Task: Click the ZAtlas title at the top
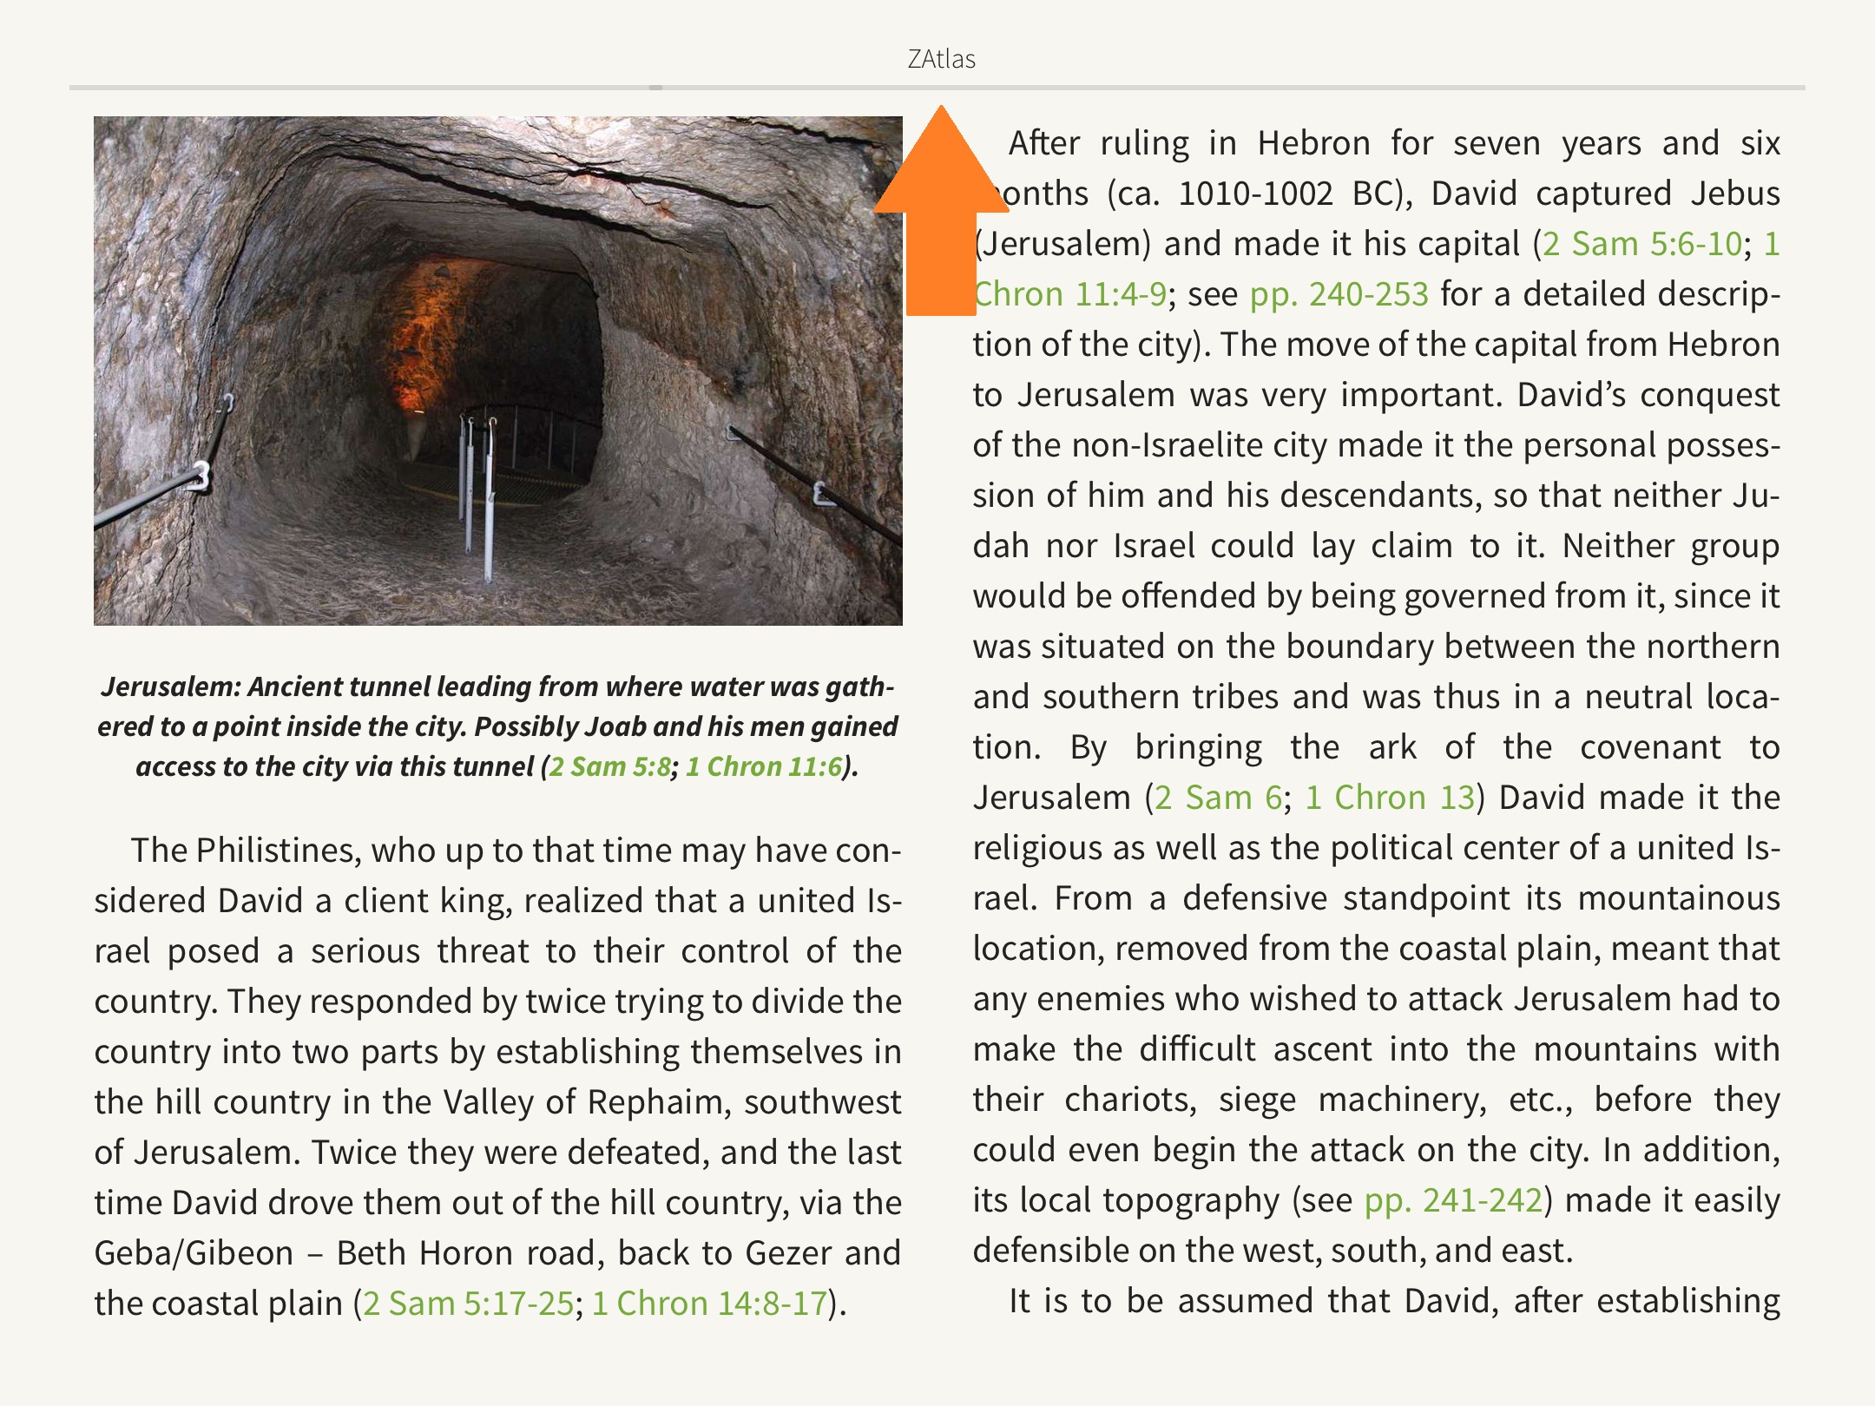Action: coord(941,59)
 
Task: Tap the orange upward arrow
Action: coord(941,217)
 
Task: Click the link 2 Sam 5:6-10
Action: coord(1641,244)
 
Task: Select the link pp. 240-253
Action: coord(1339,294)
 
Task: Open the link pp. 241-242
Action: coord(1453,1200)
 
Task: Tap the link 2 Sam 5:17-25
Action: coord(468,1304)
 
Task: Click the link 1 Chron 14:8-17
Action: coord(709,1304)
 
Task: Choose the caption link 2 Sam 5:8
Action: coord(610,766)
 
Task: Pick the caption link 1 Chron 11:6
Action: coord(764,766)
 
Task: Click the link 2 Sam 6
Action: coord(1218,798)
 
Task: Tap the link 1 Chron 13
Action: coord(1390,798)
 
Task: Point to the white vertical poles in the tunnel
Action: coord(477,495)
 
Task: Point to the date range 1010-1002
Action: coord(1254,194)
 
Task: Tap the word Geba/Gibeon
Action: coord(194,1253)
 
